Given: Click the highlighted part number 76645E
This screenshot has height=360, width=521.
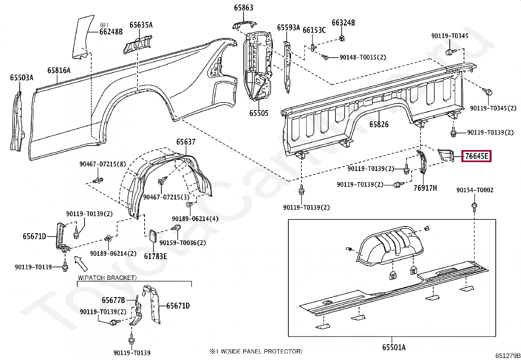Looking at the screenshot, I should [476, 157].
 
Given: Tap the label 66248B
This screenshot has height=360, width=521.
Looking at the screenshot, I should [111, 32].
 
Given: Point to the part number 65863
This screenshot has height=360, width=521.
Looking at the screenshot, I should [243, 8].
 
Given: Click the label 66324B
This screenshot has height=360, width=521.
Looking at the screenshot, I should [343, 23].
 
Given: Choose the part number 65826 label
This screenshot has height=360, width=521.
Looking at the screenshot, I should [379, 124].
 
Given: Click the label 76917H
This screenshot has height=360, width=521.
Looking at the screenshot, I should [425, 188].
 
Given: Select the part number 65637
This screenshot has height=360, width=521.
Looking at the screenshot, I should [186, 142].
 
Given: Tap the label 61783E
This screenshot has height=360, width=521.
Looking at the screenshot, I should [155, 256].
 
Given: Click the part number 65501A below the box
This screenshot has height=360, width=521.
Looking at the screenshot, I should [394, 347].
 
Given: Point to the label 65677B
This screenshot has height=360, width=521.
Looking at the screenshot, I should [113, 300].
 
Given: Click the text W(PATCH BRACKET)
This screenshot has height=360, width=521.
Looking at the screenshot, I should [107, 278].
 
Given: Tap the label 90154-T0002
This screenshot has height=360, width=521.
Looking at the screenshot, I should [475, 190].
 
